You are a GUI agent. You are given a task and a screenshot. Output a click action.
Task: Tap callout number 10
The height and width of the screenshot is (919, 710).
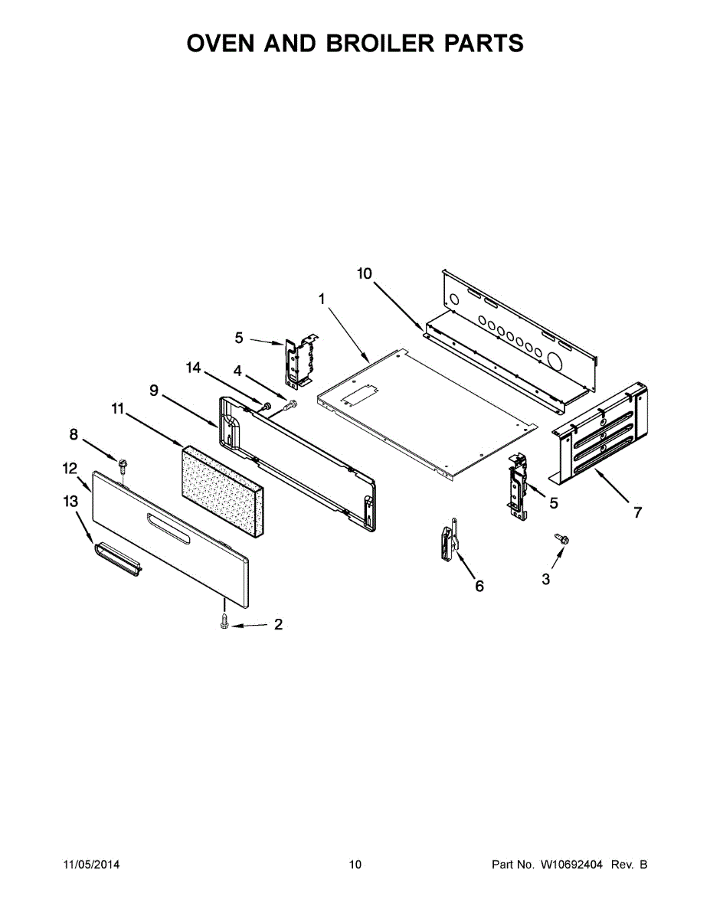point(364,273)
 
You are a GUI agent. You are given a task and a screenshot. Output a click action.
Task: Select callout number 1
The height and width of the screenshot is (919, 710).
point(322,298)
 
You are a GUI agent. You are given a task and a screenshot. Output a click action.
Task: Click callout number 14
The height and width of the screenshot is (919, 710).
point(193,368)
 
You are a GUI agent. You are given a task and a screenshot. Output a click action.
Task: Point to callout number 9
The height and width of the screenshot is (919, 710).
point(154,391)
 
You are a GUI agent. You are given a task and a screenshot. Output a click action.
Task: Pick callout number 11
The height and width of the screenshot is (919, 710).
point(117,409)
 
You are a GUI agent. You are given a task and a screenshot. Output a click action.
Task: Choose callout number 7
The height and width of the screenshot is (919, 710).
point(637,512)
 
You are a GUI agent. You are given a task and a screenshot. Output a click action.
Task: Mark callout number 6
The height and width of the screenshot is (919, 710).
point(479,586)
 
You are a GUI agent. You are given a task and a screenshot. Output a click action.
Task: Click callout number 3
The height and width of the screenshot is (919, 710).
point(545,580)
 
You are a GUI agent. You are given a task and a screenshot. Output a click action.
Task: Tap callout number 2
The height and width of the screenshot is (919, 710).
point(278,624)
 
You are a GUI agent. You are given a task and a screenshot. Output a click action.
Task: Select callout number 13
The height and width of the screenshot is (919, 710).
point(70,502)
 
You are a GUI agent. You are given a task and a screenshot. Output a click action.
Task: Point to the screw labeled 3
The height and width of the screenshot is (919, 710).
point(563,540)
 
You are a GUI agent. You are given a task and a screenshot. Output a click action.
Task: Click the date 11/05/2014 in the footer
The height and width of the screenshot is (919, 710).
point(91,865)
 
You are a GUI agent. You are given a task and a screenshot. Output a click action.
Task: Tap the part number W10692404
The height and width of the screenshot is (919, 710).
point(571,865)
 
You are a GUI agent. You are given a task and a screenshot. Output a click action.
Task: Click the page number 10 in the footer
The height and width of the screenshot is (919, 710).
point(355,865)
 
